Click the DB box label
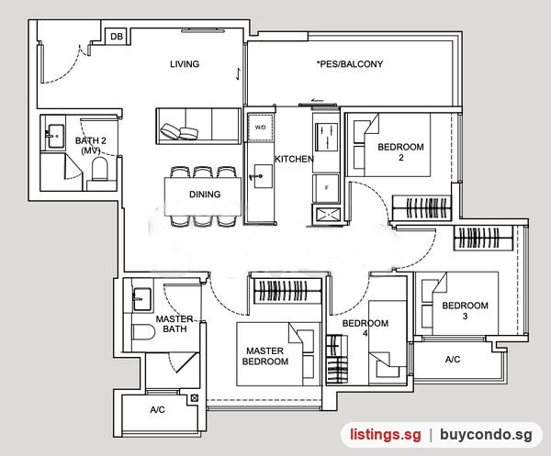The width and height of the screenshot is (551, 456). [x=117, y=37]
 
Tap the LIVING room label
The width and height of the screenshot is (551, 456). [x=185, y=64]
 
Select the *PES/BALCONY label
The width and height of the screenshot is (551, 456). [x=350, y=64]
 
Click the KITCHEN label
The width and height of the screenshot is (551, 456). [x=294, y=159]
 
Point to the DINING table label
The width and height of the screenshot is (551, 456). [x=205, y=195]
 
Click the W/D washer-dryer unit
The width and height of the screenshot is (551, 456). [x=261, y=128]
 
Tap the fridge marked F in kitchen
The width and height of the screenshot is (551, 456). [x=326, y=188]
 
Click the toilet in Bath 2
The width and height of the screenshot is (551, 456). [x=99, y=169]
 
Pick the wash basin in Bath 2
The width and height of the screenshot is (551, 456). [x=55, y=136]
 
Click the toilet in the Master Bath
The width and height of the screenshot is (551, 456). [x=144, y=332]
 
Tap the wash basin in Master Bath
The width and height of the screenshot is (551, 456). [x=141, y=299]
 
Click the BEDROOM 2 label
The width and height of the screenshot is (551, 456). [x=400, y=152]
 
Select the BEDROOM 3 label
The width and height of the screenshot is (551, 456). [x=465, y=311]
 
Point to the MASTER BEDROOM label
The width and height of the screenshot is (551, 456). [x=265, y=356]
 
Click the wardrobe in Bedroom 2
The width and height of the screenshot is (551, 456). [x=422, y=208]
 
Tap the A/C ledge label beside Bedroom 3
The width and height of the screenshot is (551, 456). [x=453, y=360]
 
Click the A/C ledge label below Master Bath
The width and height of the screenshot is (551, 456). [x=157, y=409]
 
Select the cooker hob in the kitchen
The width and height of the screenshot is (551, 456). [x=326, y=138]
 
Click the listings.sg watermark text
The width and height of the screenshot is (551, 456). [x=385, y=435]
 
